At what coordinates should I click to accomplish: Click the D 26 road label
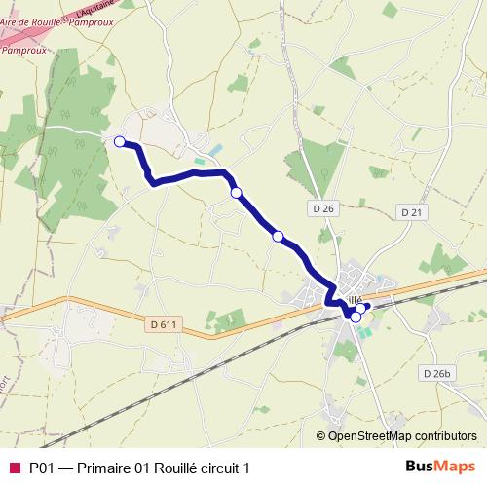coord(324,208)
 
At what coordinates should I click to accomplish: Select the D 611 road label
coord(167,323)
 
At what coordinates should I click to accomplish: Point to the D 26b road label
coord(438,373)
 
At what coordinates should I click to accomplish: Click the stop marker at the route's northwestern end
coord(120,142)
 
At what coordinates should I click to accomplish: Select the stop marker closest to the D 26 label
coord(278,237)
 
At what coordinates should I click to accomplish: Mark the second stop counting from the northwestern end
coord(236,193)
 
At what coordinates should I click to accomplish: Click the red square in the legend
coord(14,468)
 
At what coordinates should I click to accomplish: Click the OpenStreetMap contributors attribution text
coord(402,436)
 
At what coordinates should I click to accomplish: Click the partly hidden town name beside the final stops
coord(353,299)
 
